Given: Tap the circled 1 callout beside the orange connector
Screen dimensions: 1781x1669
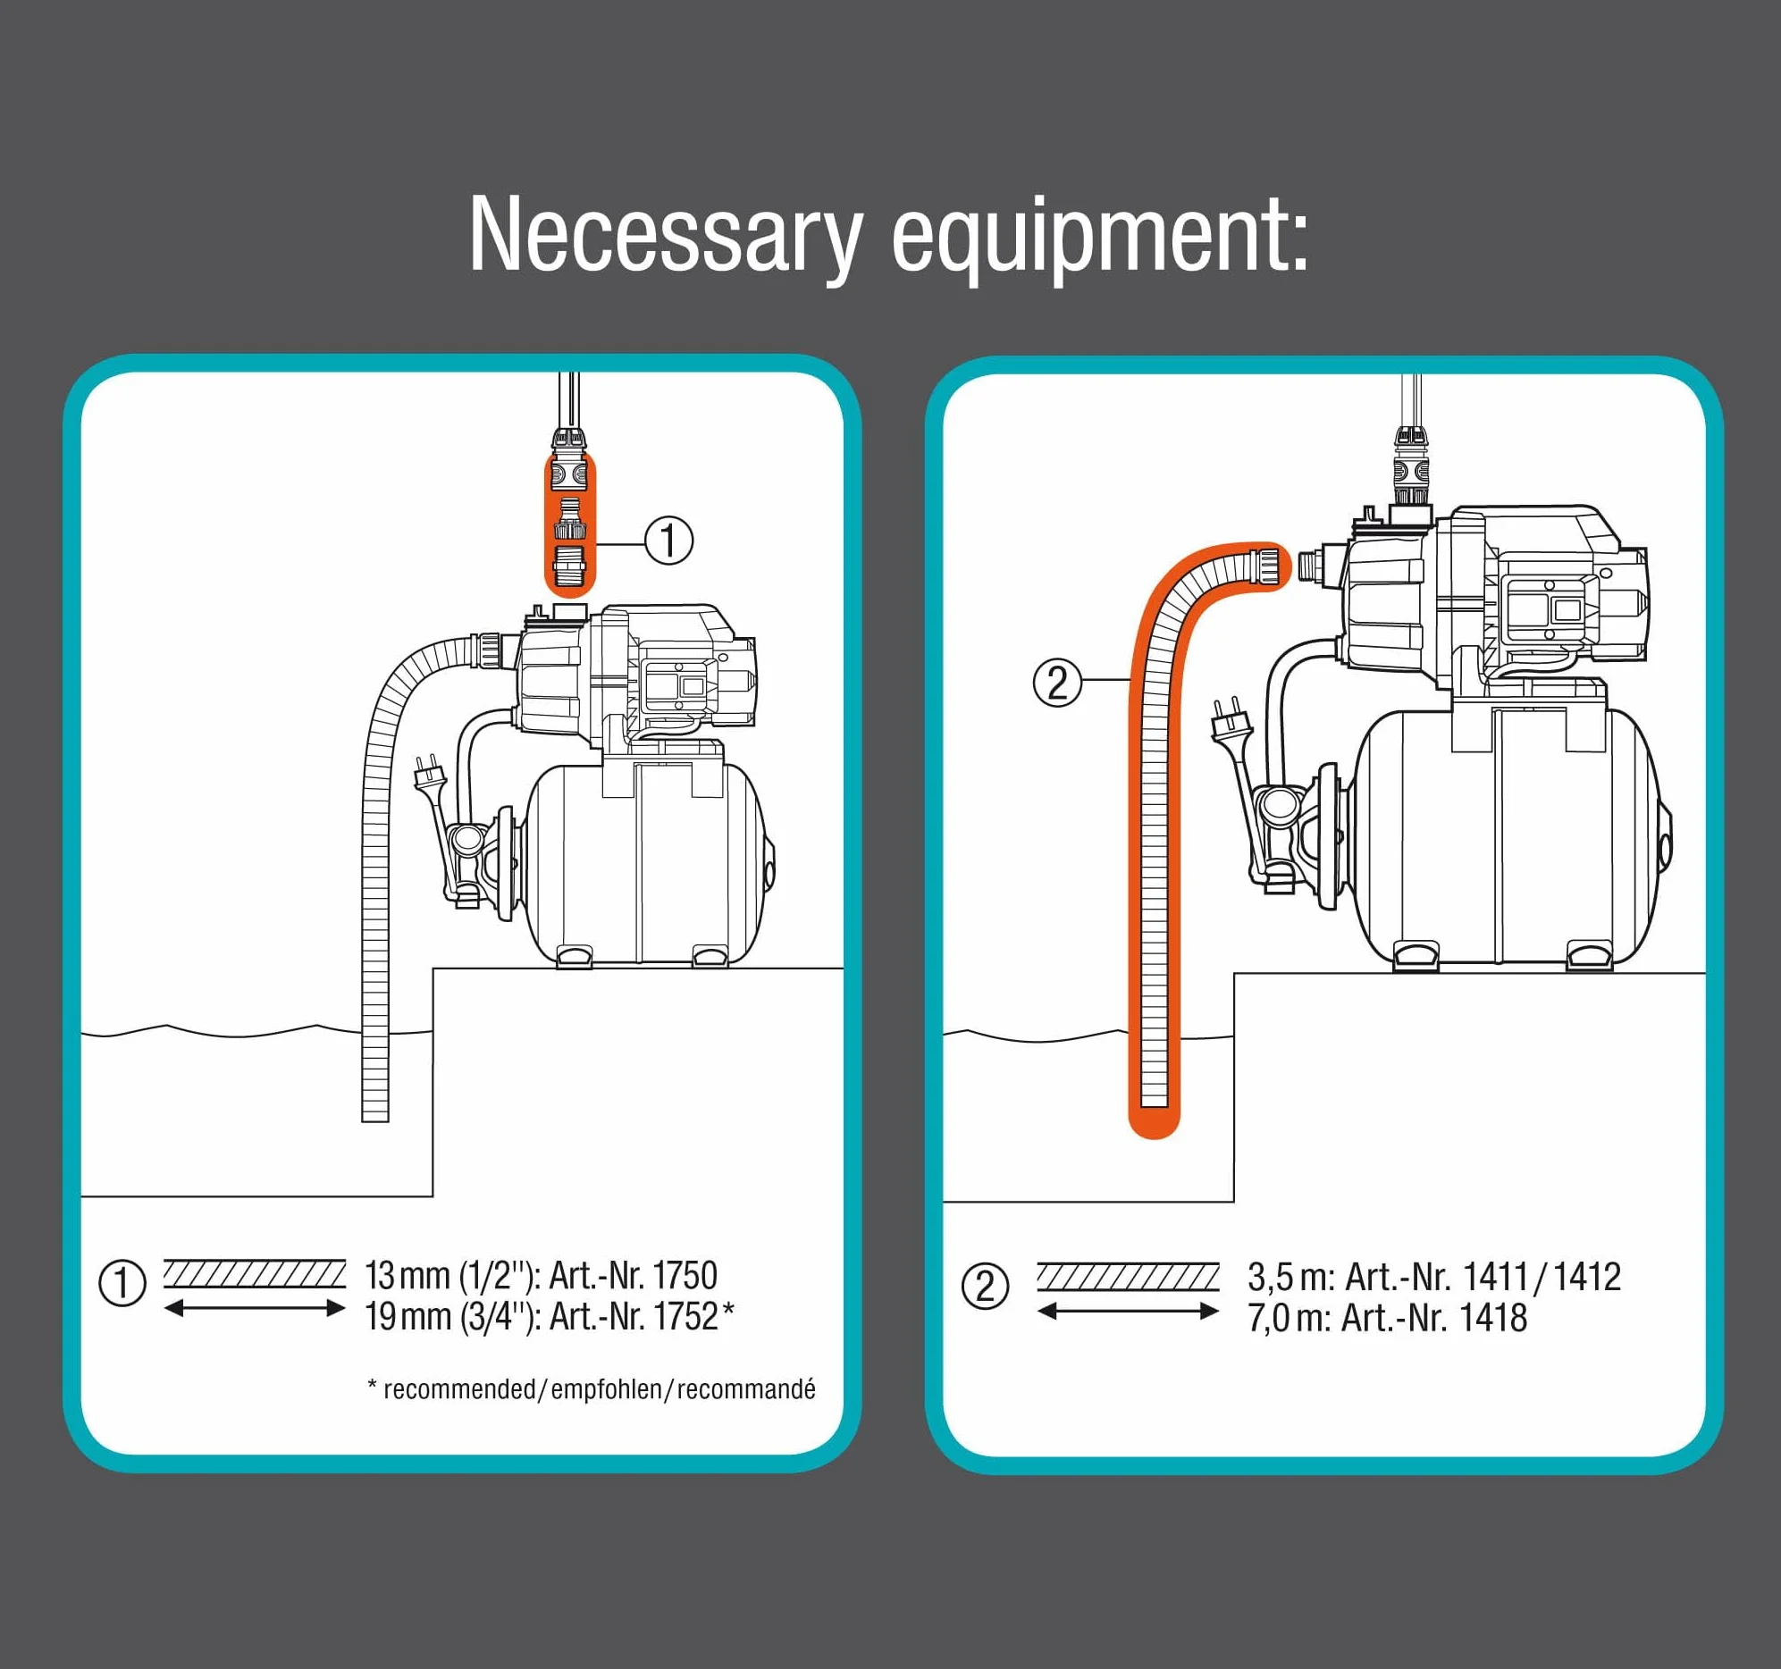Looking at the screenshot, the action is [668, 541].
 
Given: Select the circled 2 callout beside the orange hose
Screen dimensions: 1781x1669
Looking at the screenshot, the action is [1057, 683].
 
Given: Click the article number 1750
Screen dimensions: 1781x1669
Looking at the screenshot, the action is [685, 1275].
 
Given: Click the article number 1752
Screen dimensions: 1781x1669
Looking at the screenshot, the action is [685, 1316].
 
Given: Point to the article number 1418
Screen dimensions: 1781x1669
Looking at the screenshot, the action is [1493, 1318].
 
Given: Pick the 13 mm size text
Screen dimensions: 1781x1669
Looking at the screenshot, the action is [407, 1275].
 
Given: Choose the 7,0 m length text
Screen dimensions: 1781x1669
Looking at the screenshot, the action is [1290, 1318].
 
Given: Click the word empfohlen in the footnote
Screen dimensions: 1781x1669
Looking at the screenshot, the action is [606, 1389].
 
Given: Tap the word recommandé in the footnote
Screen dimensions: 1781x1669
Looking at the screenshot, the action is [745, 1389].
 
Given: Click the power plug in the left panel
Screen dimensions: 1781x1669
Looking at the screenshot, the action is [429, 775].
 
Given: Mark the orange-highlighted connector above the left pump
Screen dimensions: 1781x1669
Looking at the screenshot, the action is [570, 525].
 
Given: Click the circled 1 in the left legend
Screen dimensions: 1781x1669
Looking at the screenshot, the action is [122, 1283].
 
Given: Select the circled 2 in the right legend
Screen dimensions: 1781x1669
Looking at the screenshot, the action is [985, 1287].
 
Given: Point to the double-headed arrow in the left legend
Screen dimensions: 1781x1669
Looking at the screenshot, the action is [255, 1308].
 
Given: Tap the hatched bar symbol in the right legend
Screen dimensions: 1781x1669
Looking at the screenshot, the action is [1128, 1278].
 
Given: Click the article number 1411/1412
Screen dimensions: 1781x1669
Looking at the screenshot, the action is [1542, 1277].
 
